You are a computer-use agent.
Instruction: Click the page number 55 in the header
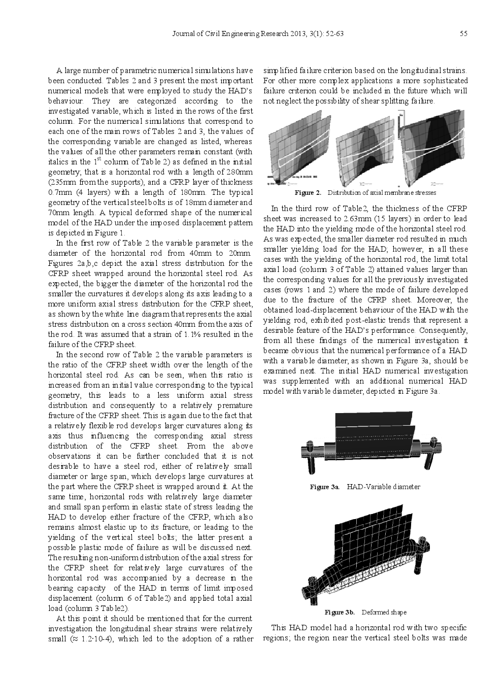click(x=463, y=34)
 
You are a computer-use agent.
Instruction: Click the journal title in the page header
click(x=258, y=34)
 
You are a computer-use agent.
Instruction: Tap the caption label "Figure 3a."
click(x=324, y=487)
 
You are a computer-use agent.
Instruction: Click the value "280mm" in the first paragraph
click(x=239, y=172)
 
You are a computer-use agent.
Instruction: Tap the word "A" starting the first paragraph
click(x=59, y=71)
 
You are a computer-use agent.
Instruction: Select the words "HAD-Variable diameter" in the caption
click(x=383, y=487)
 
